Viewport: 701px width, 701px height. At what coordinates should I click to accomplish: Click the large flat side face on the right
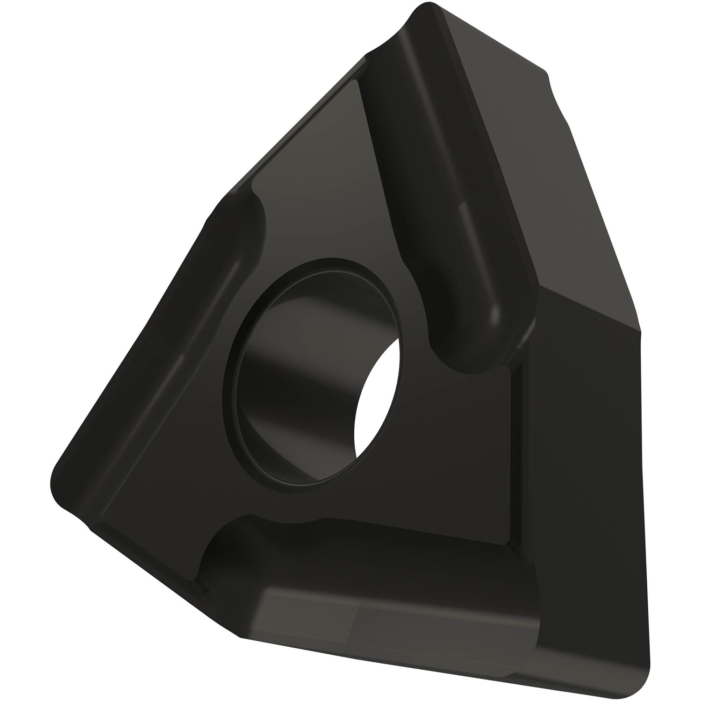[x=584, y=467]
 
